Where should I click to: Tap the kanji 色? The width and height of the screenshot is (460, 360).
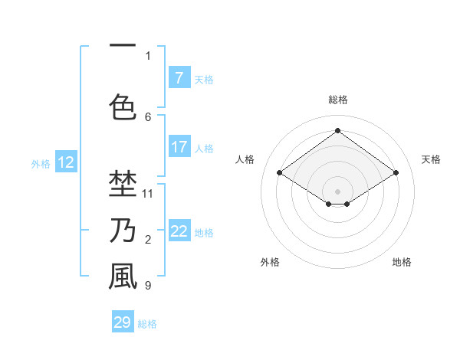coord(123,106)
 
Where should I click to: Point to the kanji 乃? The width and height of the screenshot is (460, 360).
coord(123,230)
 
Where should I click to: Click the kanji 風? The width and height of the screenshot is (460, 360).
coord(123,277)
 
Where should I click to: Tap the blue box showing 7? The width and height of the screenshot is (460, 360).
coord(179,77)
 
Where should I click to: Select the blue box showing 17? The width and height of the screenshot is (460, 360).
coord(179,147)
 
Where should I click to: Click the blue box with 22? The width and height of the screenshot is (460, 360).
coord(179,231)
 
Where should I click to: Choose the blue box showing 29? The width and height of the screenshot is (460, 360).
coord(123,322)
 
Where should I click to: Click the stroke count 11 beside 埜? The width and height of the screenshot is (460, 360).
coord(148,193)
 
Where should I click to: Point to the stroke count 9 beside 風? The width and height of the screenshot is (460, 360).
coord(148,286)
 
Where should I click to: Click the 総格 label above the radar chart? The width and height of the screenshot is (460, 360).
coord(337,100)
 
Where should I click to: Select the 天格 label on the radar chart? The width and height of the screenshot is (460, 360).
coord(431,159)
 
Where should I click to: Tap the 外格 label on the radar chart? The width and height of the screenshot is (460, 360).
coord(270,262)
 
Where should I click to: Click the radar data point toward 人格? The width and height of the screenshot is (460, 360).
coord(280,173)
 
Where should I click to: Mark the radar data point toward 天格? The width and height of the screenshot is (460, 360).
coord(396,173)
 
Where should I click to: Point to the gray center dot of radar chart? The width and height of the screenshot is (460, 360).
coord(337,191)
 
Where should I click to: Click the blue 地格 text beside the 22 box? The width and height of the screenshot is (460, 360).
coord(205,232)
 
